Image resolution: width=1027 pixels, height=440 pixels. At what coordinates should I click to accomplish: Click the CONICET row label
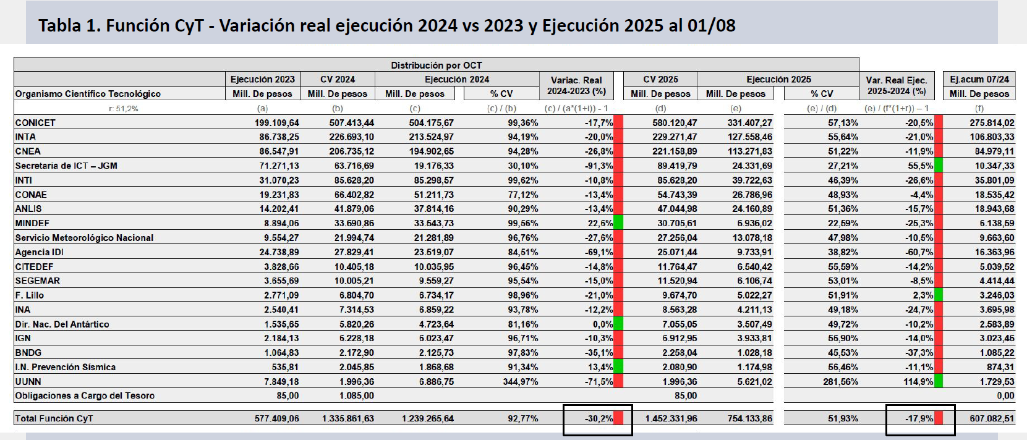point(35,123)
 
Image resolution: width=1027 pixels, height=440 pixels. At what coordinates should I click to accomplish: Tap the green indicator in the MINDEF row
point(618,223)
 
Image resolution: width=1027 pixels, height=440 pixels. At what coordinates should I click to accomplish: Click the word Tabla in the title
point(60,25)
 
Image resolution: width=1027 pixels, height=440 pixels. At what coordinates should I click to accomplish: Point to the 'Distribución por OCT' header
point(436,65)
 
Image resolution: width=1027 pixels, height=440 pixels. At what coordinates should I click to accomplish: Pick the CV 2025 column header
point(660,79)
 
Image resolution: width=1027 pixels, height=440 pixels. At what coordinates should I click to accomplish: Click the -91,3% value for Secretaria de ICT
point(599,166)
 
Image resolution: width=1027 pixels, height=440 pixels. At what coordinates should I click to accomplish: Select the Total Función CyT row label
point(54,418)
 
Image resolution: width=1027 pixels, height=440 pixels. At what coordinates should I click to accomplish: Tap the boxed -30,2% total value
point(599,418)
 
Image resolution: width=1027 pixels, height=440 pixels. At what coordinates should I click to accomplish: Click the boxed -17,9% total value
point(919,418)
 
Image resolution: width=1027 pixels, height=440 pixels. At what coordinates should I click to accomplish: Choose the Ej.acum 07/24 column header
point(979,79)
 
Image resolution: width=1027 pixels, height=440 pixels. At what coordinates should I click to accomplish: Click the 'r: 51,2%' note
point(124,109)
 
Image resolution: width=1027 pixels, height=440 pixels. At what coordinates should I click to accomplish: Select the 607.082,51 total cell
point(992,418)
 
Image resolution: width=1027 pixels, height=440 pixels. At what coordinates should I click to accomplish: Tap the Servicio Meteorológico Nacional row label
point(84,238)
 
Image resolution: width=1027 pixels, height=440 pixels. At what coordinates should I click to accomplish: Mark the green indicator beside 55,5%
point(939,166)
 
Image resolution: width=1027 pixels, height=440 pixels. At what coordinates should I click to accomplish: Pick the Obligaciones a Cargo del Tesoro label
point(85,396)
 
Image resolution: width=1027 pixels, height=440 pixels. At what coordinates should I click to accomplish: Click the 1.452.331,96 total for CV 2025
point(671,418)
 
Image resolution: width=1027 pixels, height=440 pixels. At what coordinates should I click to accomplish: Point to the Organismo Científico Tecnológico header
point(88,94)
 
